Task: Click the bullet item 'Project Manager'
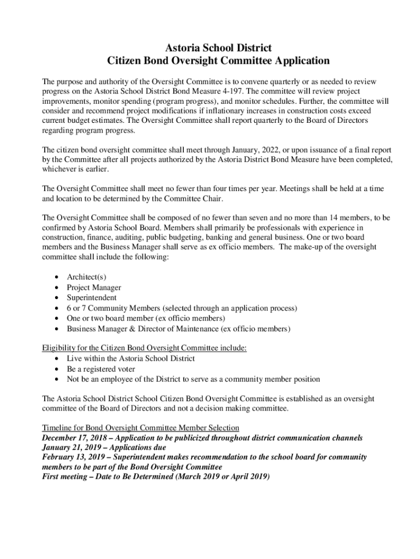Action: (x=94, y=288)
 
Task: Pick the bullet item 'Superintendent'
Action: (x=92, y=298)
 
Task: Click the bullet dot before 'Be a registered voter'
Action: (x=57, y=369)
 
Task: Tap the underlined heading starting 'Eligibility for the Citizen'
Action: (x=145, y=348)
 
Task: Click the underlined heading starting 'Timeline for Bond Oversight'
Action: (x=141, y=427)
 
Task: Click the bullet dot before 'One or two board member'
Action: (x=57, y=319)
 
